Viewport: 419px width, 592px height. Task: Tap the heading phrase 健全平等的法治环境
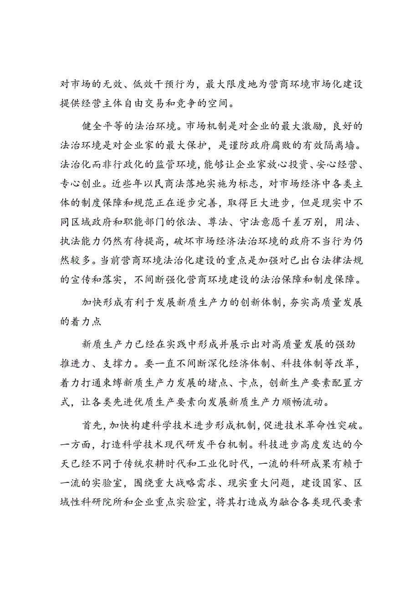(x=135, y=125)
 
